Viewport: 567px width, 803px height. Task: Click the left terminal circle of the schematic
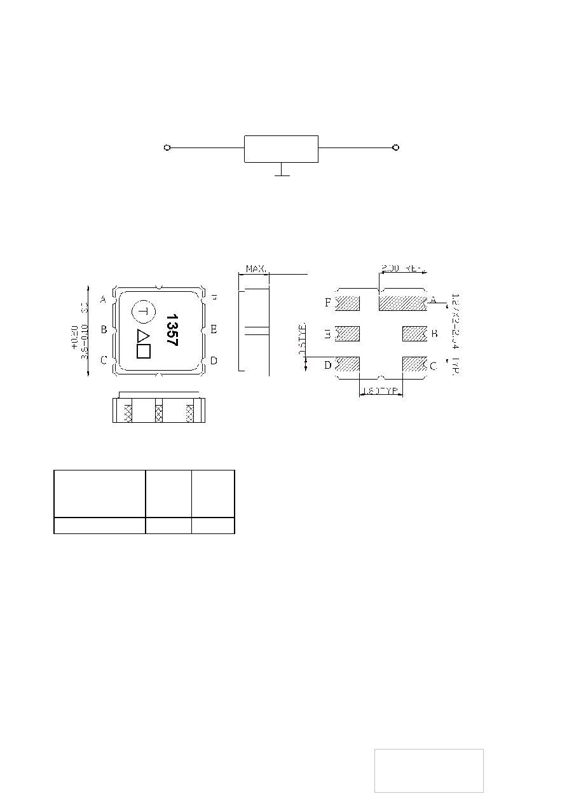167,148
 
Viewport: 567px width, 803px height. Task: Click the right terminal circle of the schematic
396,148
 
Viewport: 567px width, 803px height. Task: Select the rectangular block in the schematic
281,149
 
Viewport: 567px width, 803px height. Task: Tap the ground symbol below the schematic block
281,172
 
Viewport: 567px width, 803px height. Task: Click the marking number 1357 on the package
170,329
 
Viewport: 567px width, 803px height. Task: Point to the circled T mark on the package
143,312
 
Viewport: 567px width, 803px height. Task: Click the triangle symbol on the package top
143,336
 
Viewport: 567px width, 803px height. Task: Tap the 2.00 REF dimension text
401,269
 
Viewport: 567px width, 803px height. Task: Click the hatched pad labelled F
348,303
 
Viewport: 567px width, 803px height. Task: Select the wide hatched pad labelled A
402,303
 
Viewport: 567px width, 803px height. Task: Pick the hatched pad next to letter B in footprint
414,333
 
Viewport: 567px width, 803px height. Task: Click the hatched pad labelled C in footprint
414,364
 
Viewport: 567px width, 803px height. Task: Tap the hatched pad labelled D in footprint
348,364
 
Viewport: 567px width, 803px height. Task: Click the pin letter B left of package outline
104,329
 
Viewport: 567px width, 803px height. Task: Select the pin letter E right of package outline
214,329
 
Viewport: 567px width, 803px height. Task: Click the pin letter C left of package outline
104,360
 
